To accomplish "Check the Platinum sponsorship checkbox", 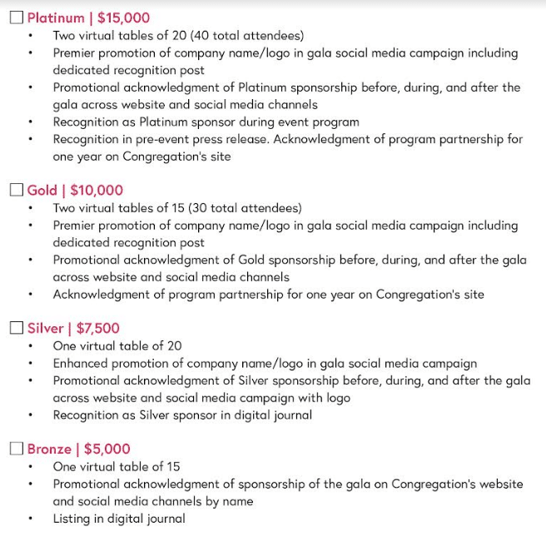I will [17, 17].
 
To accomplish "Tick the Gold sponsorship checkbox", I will [17, 190].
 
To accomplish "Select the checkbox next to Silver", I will [17, 328].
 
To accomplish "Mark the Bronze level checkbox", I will [17, 449].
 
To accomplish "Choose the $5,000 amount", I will [107, 449].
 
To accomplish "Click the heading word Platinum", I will [56, 17].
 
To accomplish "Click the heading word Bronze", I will [48, 449].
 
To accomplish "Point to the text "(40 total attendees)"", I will [246, 36].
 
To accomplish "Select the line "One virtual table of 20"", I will [117, 345].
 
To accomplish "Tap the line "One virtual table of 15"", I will [117, 467].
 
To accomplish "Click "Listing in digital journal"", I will [119, 519].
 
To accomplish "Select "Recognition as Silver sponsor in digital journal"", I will [182, 414].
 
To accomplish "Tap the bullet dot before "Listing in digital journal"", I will [32, 519].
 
